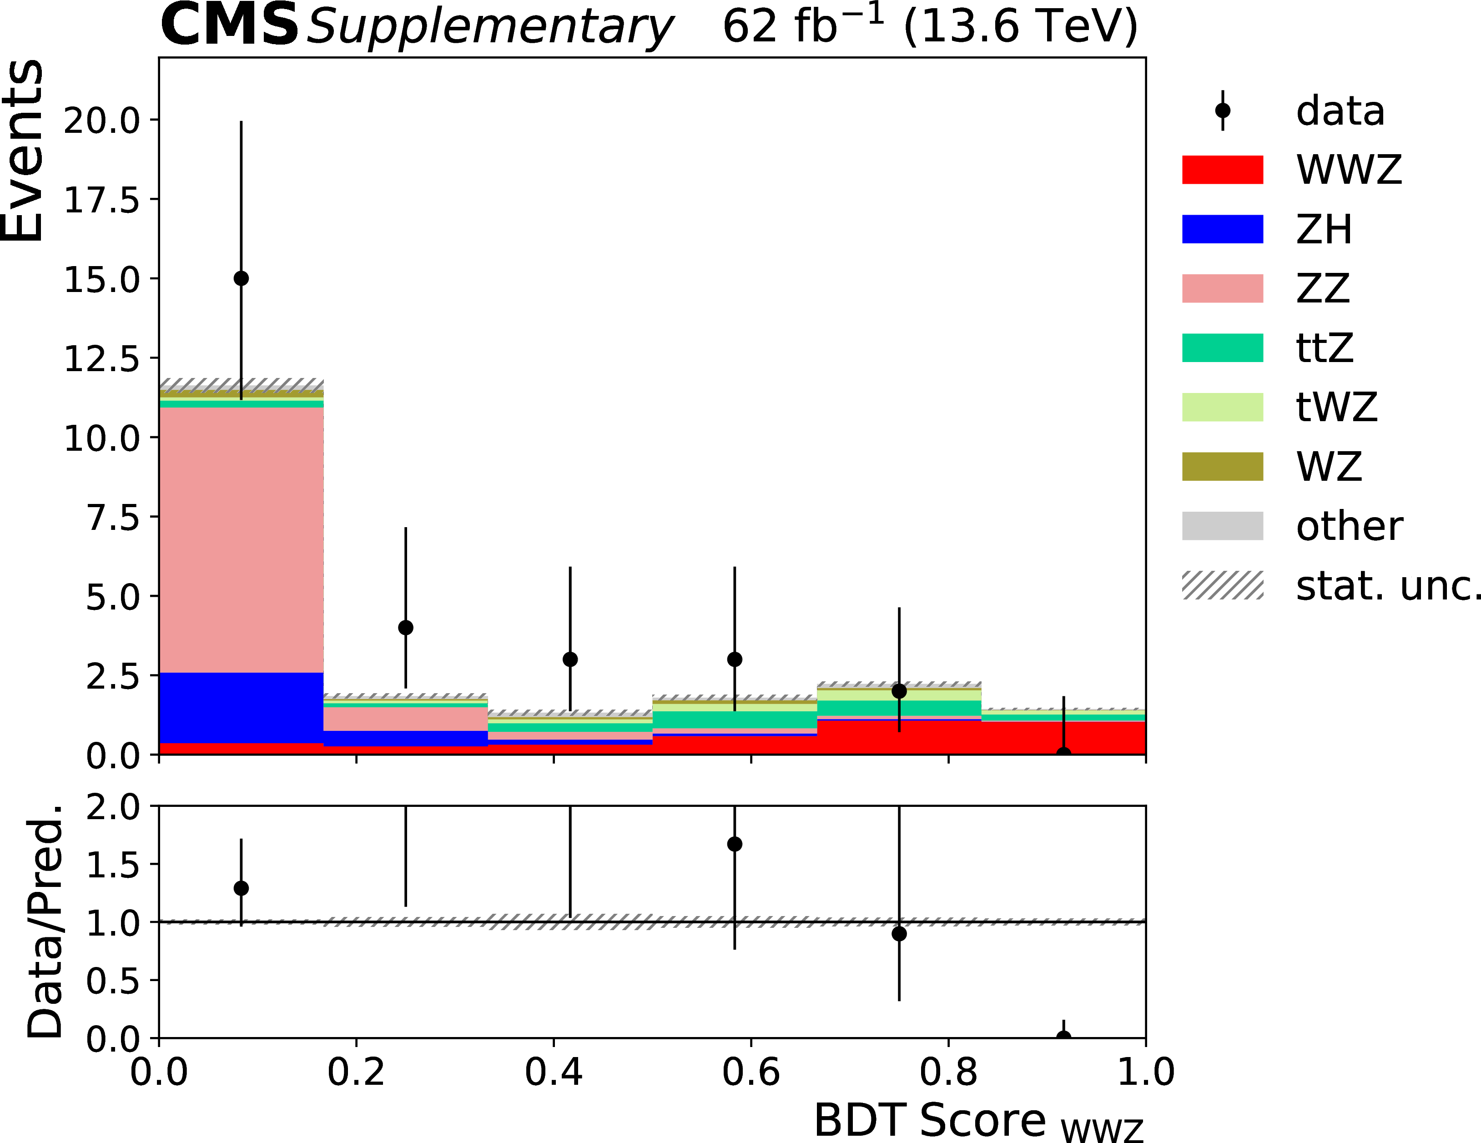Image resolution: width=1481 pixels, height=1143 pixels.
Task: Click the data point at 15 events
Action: pyautogui.click(x=241, y=279)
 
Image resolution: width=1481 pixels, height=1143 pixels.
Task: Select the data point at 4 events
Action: pyautogui.click(x=406, y=628)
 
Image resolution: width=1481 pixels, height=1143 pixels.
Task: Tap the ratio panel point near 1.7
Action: pyautogui.click(x=735, y=844)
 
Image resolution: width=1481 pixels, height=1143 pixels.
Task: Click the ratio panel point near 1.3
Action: pyautogui.click(x=241, y=888)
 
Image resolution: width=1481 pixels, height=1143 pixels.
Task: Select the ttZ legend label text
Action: pyautogui.click(x=1325, y=348)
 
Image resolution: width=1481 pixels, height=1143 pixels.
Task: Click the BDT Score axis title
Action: pyautogui.click(x=978, y=1120)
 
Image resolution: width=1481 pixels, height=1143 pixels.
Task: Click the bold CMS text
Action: pyautogui.click(x=229, y=26)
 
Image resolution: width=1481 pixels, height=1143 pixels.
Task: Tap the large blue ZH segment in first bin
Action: pyautogui.click(x=241, y=708)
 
